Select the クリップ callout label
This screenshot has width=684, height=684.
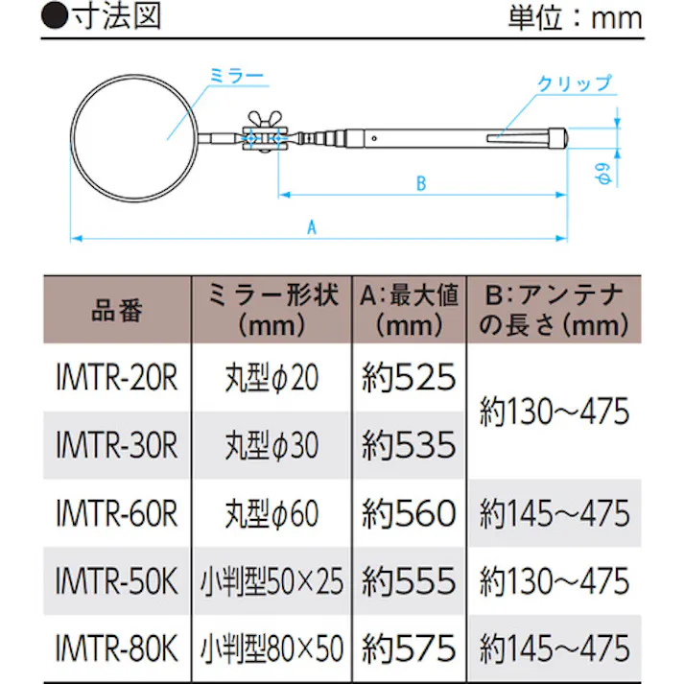click(574, 84)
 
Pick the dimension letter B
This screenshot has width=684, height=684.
click(420, 184)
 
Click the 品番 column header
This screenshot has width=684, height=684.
click(117, 311)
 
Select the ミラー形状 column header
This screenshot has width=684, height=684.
click(272, 309)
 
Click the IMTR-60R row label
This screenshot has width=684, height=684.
click(117, 514)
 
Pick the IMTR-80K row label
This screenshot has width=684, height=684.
click(117, 649)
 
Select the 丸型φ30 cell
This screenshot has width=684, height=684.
click(272, 446)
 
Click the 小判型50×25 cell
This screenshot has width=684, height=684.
click(272, 581)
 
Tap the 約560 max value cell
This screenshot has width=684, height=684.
click(409, 514)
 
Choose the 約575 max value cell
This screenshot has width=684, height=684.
click(409, 649)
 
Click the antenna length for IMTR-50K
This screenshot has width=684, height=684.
click(554, 581)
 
